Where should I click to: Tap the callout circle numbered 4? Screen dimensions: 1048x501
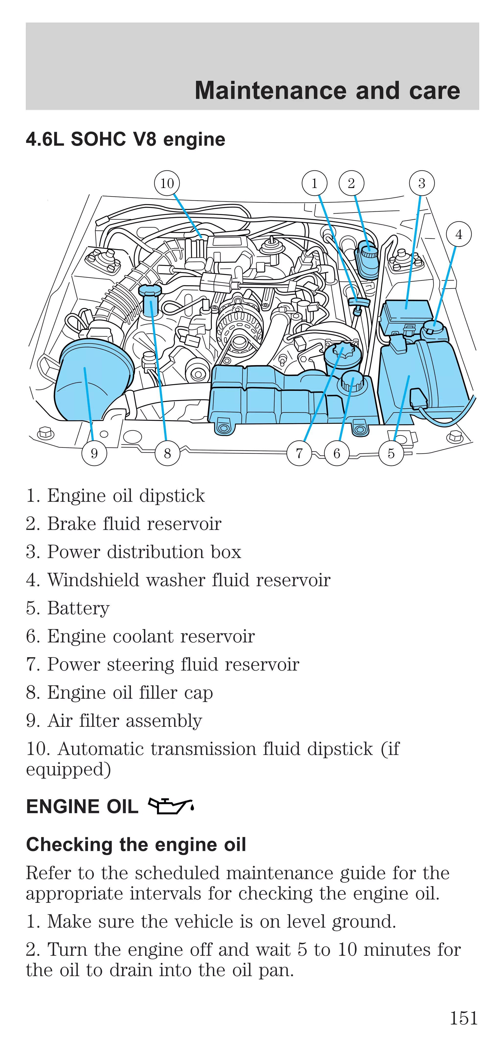point(458,234)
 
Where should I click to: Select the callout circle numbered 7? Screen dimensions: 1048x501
point(299,453)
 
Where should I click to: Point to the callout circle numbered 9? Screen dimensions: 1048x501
point(94,453)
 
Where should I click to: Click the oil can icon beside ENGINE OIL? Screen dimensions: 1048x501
point(171,806)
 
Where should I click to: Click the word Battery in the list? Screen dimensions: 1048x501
point(79,608)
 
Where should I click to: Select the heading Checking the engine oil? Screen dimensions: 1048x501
point(136,844)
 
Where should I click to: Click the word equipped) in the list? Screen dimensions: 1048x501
point(68,769)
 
